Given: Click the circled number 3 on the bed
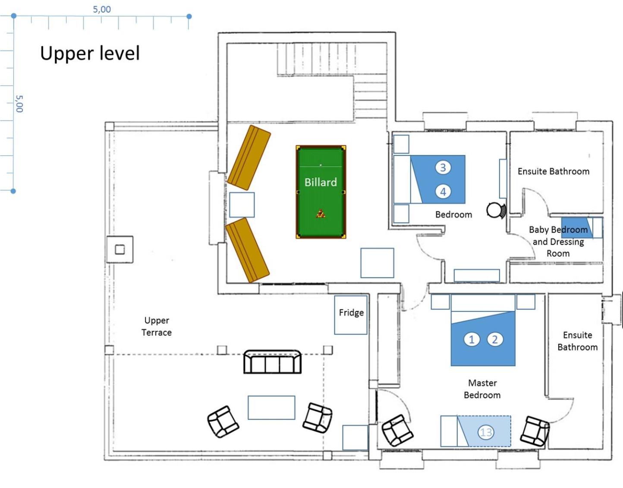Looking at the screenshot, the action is tap(443, 167).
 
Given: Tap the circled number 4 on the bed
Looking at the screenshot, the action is tap(443, 192).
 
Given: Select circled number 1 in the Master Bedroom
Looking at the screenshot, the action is tap(472, 340).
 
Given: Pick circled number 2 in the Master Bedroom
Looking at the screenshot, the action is tap(495, 340).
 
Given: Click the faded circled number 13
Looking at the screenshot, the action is tap(486, 432).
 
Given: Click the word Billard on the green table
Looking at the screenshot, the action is tap(321, 182).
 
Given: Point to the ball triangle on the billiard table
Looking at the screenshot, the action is tap(321, 214).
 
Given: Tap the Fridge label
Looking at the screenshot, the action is tap(351, 312).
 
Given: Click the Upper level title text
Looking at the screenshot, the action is tap(90, 54).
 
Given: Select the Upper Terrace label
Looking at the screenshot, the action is tap(157, 326).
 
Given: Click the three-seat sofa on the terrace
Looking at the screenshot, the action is tap(272, 362).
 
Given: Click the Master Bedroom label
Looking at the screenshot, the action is tap(482, 389).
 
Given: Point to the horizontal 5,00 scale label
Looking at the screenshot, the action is tap(102, 9).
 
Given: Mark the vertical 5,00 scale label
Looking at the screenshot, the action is tap(19, 104).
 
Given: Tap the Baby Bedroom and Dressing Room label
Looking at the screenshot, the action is tap(558, 242).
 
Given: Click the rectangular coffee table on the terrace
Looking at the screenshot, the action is tap(271, 408).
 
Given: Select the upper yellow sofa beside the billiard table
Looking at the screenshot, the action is tap(249, 157).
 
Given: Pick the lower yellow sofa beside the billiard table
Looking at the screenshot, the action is tap(247, 250).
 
